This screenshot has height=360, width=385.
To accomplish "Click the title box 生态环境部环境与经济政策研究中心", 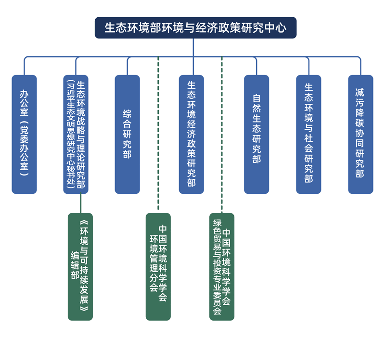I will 195,27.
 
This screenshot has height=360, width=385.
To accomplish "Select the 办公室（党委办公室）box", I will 24,134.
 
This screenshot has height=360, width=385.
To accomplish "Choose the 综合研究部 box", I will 127,134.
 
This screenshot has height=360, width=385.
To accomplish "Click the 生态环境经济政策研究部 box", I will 192,134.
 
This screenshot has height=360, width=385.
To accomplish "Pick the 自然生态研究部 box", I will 257,134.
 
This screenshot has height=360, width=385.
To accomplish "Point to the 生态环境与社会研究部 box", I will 308,134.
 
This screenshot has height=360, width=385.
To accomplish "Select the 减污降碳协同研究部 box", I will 360,134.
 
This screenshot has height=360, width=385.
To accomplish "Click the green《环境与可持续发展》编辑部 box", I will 80,267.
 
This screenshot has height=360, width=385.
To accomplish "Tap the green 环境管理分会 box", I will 158,267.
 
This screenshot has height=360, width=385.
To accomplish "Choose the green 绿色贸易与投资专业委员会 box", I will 222,267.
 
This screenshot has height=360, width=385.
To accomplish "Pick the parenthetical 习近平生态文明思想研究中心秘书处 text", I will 70,134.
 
